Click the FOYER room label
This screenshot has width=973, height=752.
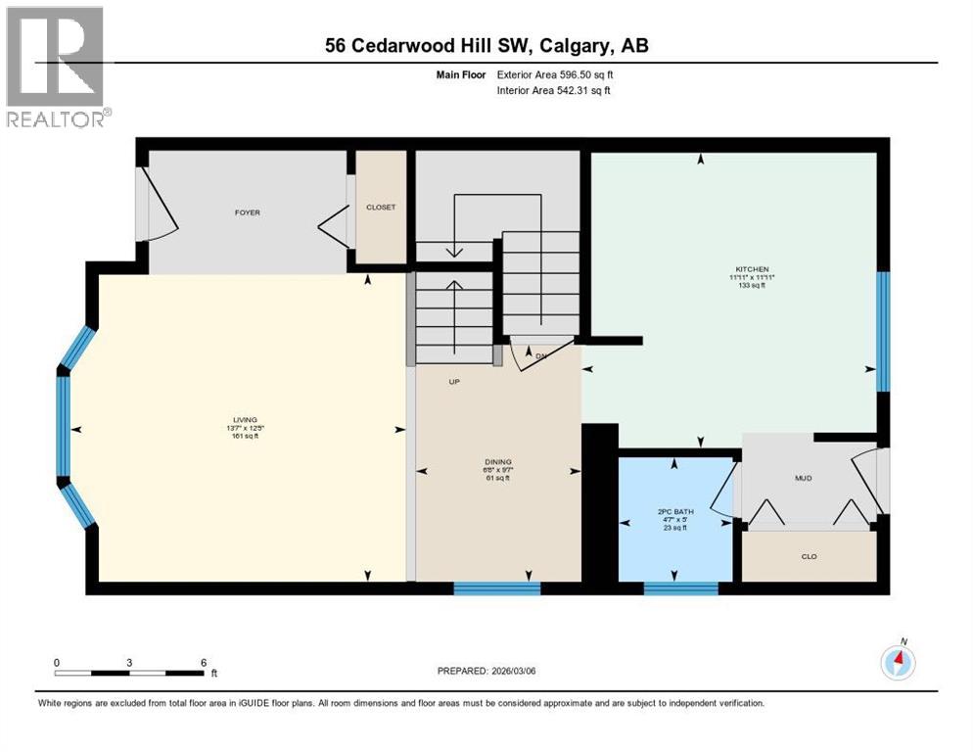click(x=247, y=212)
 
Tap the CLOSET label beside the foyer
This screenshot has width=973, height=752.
click(x=380, y=208)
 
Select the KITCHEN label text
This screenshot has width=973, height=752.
click(x=753, y=269)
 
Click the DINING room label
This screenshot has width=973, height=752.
click(x=498, y=462)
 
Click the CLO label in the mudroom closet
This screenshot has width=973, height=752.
click(x=809, y=557)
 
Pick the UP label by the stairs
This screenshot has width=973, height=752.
click(x=453, y=382)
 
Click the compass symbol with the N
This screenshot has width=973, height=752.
click(x=898, y=662)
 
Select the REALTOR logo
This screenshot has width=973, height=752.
click(x=56, y=67)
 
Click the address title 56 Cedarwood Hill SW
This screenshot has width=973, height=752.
click(x=486, y=45)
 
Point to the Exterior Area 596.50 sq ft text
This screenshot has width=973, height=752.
click(x=572, y=74)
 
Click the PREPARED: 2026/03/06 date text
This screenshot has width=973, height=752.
click(x=486, y=671)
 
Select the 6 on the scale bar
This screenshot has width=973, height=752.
click(x=203, y=662)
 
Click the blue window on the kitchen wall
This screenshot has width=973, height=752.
click(x=882, y=331)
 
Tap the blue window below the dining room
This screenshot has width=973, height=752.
click(x=497, y=588)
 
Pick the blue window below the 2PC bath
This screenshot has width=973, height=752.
click(x=681, y=588)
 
